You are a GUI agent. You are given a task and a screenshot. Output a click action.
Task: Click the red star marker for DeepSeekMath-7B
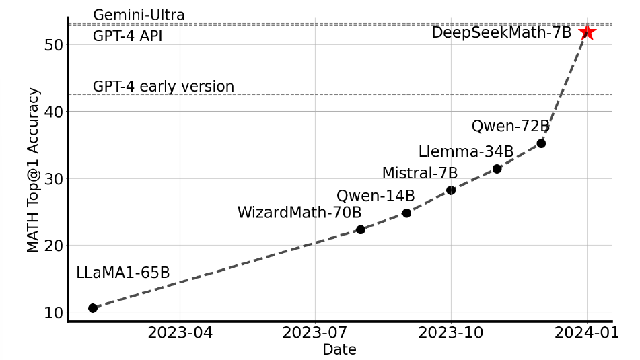pos(587,32)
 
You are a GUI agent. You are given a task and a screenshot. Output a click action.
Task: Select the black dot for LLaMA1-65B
pos(93,308)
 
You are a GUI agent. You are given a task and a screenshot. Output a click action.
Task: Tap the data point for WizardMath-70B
pos(360,229)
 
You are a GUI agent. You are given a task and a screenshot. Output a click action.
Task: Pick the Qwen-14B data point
pos(406,213)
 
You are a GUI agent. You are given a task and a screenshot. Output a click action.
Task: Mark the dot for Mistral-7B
pos(451,190)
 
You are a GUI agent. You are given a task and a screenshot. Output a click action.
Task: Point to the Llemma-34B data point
pos(497,169)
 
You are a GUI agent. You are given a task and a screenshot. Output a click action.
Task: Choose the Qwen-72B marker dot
pos(541,143)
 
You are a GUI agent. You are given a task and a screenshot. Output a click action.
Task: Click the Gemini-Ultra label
pos(139,15)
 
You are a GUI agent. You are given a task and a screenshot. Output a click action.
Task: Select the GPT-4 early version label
pos(164,87)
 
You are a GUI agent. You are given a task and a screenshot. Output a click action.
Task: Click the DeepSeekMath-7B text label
pos(501,32)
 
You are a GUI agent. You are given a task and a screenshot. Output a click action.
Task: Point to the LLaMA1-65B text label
pos(123,273)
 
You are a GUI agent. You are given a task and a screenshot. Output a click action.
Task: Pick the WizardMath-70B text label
pos(299,213)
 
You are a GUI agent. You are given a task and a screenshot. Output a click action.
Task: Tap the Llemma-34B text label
pos(466,151)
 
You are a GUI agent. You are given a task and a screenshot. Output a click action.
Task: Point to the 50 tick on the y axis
pos(54,45)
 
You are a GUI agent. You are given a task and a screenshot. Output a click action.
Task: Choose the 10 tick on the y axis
pos(54,313)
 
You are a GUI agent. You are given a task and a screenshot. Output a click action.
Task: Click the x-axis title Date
pos(339,349)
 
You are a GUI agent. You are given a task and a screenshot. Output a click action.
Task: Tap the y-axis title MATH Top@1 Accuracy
pos(34,170)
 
